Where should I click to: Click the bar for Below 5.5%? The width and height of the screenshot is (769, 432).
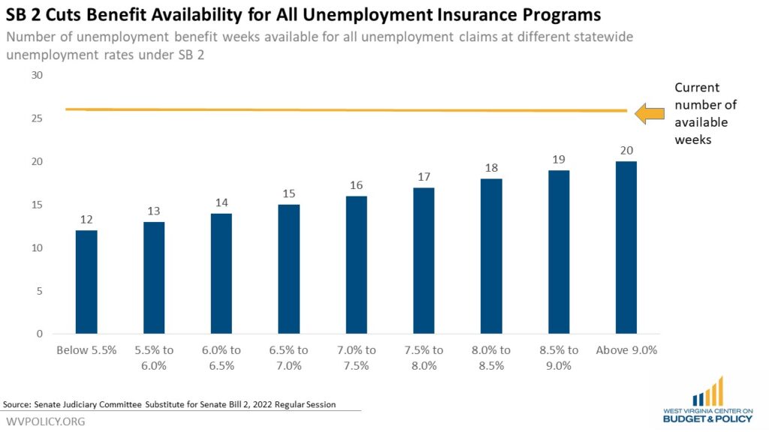coord(86,282)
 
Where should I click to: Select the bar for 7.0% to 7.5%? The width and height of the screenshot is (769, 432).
coord(357,265)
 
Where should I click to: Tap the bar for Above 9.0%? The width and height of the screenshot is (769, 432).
coord(626,247)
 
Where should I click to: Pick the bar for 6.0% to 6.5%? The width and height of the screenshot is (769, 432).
coord(222,274)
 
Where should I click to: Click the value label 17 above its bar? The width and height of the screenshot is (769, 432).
coord(424,177)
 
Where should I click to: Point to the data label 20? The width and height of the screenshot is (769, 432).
coord(626,150)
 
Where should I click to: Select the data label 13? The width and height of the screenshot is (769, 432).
coord(153,211)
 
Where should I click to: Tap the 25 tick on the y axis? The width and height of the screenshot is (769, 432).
coord(37,118)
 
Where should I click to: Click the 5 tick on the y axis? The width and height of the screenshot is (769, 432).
coord(40,291)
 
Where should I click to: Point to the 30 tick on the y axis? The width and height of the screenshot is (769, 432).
coord(37,76)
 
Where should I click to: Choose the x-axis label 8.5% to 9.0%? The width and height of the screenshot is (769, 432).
coord(559,358)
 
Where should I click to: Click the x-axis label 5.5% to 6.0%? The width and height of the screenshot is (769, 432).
coord(154,358)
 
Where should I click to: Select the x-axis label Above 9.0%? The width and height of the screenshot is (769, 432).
coord(626,350)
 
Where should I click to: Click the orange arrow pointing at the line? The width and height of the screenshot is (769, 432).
coord(650,114)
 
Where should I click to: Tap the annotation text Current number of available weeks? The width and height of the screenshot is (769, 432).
coord(705,114)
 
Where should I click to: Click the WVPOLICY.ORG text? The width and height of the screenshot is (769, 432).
coord(46,421)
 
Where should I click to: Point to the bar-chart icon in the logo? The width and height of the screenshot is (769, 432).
coord(707,391)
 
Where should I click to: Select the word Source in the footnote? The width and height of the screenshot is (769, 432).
coord(17,404)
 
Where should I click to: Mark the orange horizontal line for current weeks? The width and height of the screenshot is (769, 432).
coord(346,110)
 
